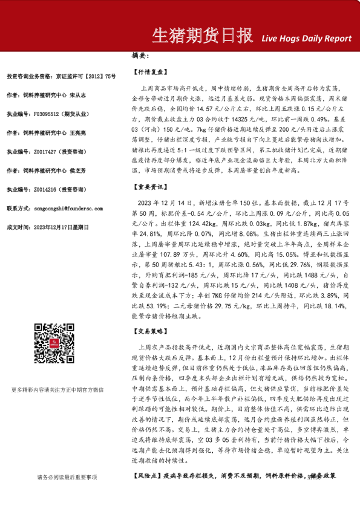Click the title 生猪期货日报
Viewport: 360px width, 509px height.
(x=201, y=36)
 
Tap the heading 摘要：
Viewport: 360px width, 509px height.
(x=140, y=56)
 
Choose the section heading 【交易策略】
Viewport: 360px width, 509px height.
(x=149, y=332)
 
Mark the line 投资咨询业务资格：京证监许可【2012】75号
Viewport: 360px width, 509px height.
(x=61, y=76)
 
